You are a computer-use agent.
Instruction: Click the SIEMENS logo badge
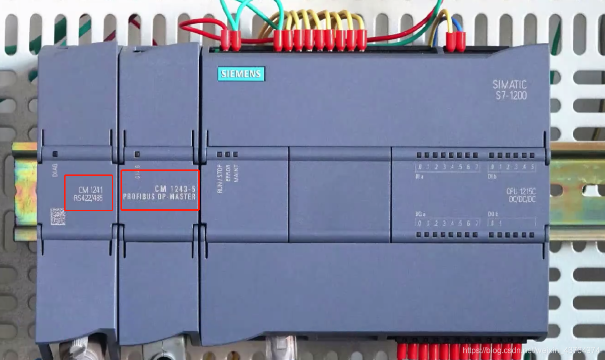click(241, 74)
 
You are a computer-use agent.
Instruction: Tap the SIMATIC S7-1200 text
click(509, 89)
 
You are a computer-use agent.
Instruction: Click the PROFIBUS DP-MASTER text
click(159, 196)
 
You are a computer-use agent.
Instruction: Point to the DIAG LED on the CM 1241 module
click(55, 154)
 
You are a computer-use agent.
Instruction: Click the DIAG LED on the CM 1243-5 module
click(135, 154)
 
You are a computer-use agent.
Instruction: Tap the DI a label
click(419, 177)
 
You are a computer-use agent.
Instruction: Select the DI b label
click(492, 177)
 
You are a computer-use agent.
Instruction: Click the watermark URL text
click(532, 350)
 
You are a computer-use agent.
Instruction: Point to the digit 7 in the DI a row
click(476, 167)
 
